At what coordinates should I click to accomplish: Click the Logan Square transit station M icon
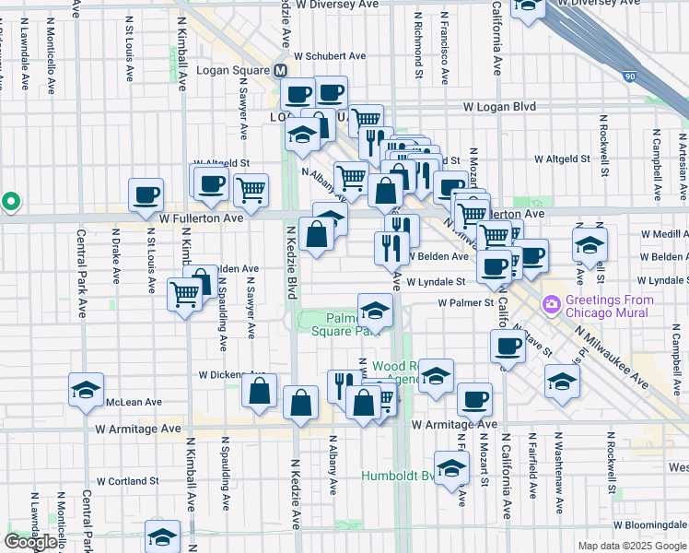(x=281, y=71)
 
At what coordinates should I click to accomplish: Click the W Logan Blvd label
(x=499, y=107)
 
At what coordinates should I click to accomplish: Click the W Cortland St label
(x=128, y=481)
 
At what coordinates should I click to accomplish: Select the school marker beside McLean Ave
(x=86, y=390)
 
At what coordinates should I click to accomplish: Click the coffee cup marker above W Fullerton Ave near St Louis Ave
(x=146, y=194)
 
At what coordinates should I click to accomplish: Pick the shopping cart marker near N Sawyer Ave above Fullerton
(x=251, y=190)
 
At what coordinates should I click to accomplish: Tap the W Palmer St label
(x=466, y=301)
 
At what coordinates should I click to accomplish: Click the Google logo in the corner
(x=30, y=541)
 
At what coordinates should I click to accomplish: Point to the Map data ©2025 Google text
(x=631, y=546)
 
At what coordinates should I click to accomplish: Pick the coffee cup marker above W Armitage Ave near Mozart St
(x=474, y=398)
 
